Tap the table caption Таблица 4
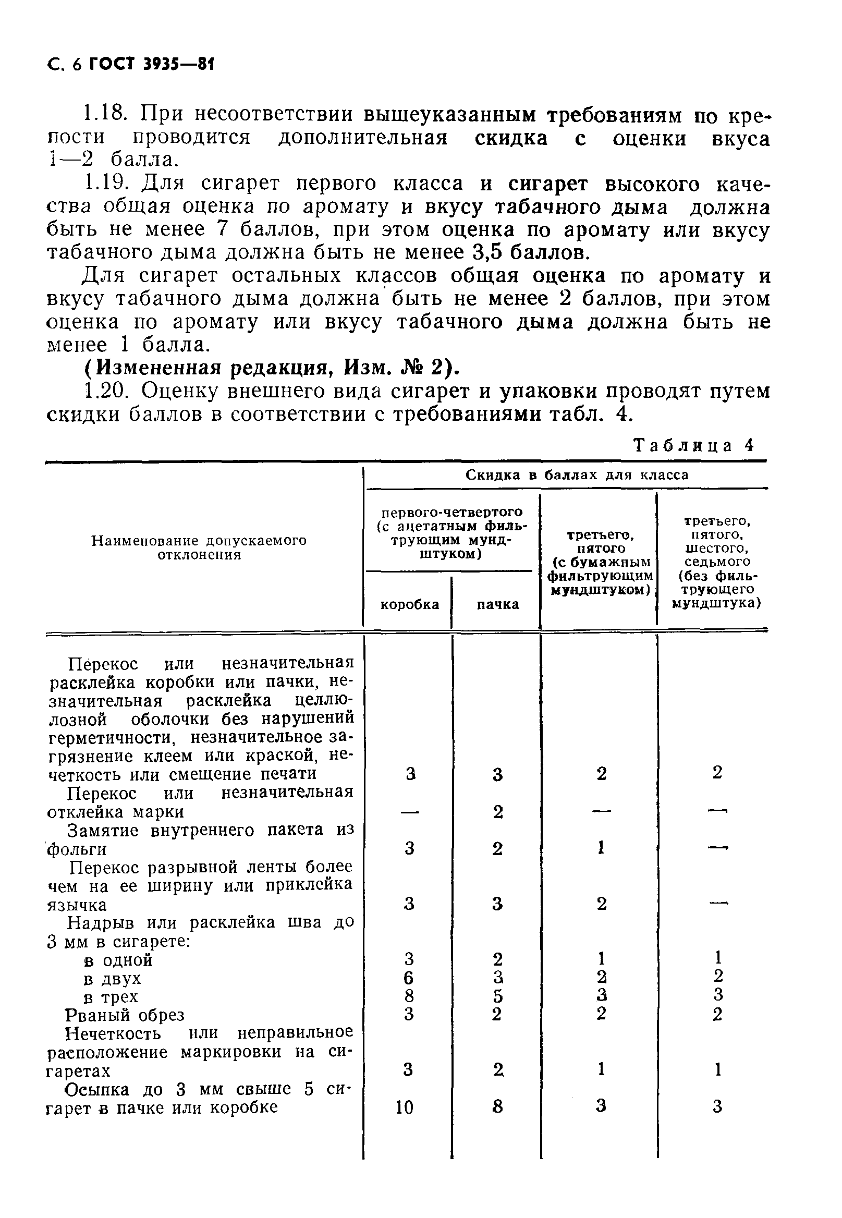pyautogui.click(x=694, y=446)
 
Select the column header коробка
pyautogui.click(x=409, y=604)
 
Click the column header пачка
pyautogui.click(x=497, y=604)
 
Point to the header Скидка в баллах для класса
pyautogui.click(x=577, y=475)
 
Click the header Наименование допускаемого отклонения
pyautogui.click(x=199, y=547)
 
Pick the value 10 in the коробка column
pyautogui.click(x=405, y=1107)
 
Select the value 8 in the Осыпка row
pyautogui.click(x=497, y=1107)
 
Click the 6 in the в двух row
pyautogui.click(x=409, y=979)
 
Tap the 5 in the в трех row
pyautogui.click(x=497, y=996)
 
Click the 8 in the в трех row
pyautogui.click(x=409, y=996)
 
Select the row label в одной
pyautogui.click(x=118, y=960)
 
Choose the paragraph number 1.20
pyautogui.click(x=105, y=391)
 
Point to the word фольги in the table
pyautogui.click(x=77, y=849)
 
